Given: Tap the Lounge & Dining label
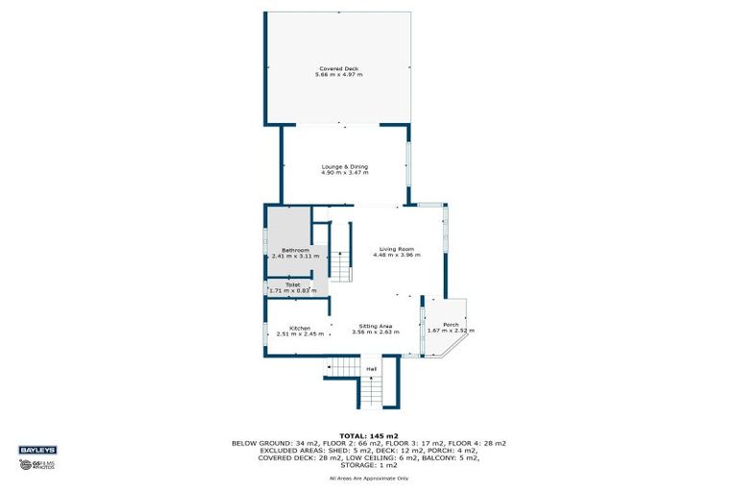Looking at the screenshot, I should tap(344, 166).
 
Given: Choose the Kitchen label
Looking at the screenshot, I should tap(300, 328).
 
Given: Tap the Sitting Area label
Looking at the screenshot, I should tap(376, 327).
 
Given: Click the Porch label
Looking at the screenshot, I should tap(451, 325).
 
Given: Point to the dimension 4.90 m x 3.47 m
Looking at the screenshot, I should tap(344, 173).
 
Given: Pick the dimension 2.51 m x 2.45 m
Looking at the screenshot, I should tap(300, 333).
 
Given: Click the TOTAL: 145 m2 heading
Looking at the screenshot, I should tap(369, 435).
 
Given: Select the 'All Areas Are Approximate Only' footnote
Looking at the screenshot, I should tap(369, 478).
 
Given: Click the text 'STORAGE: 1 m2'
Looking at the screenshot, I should tap(369, 465).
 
